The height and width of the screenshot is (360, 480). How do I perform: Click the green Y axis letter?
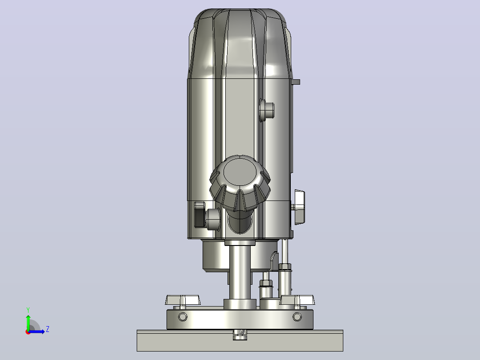[x=28, y=310]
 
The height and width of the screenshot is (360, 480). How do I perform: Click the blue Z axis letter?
[x=48, y=329]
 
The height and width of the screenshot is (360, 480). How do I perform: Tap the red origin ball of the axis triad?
[x=28, y=332]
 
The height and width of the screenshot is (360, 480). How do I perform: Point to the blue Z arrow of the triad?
[x=37, y=331]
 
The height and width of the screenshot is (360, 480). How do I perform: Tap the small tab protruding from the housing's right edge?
[x=296, y=82]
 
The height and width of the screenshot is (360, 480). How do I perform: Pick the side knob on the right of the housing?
[x=299, y=207]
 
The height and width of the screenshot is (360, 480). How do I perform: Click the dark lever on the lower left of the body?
[x=200, y=214]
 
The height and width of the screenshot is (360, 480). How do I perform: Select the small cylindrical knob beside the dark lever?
[x=213, y=219]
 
